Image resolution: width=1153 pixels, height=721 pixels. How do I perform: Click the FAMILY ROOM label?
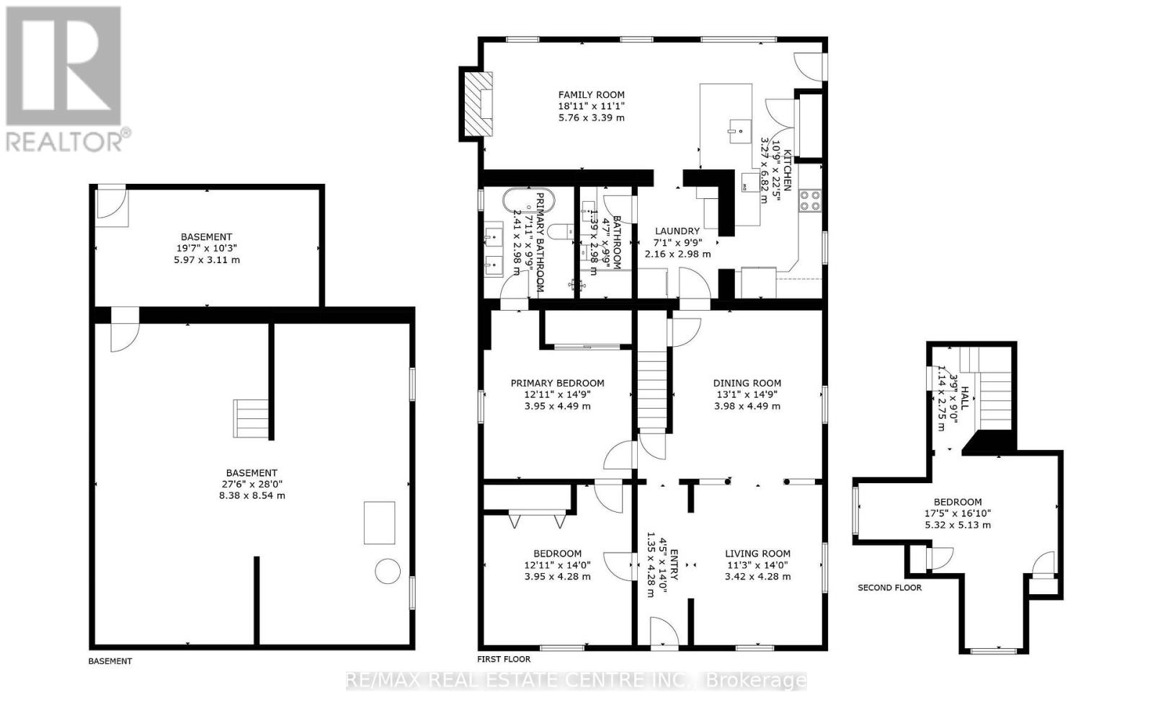point(592,94)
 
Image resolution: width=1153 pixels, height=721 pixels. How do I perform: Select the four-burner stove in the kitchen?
point(810,200)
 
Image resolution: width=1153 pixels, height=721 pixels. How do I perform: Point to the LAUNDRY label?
point(677,231)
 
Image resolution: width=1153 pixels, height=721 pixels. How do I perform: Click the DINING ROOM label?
point(747,383)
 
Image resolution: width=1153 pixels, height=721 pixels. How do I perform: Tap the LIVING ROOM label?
point(757,554)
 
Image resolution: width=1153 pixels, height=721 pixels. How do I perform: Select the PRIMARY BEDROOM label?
point(558,383)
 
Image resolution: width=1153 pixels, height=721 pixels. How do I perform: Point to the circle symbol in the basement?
point(388,571)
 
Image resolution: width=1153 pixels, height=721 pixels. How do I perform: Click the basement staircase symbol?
point(251,419)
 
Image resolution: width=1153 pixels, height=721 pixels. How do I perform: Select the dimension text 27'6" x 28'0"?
point(251,484)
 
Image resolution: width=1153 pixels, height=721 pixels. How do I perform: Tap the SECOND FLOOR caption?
point(889,588)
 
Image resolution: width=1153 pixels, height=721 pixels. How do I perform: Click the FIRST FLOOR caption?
point(504,659)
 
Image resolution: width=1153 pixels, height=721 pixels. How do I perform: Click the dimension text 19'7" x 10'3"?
point(206,248)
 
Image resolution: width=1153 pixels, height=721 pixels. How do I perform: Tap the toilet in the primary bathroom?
point(561,231)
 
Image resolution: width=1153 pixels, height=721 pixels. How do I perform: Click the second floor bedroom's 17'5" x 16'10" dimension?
point(958,513)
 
